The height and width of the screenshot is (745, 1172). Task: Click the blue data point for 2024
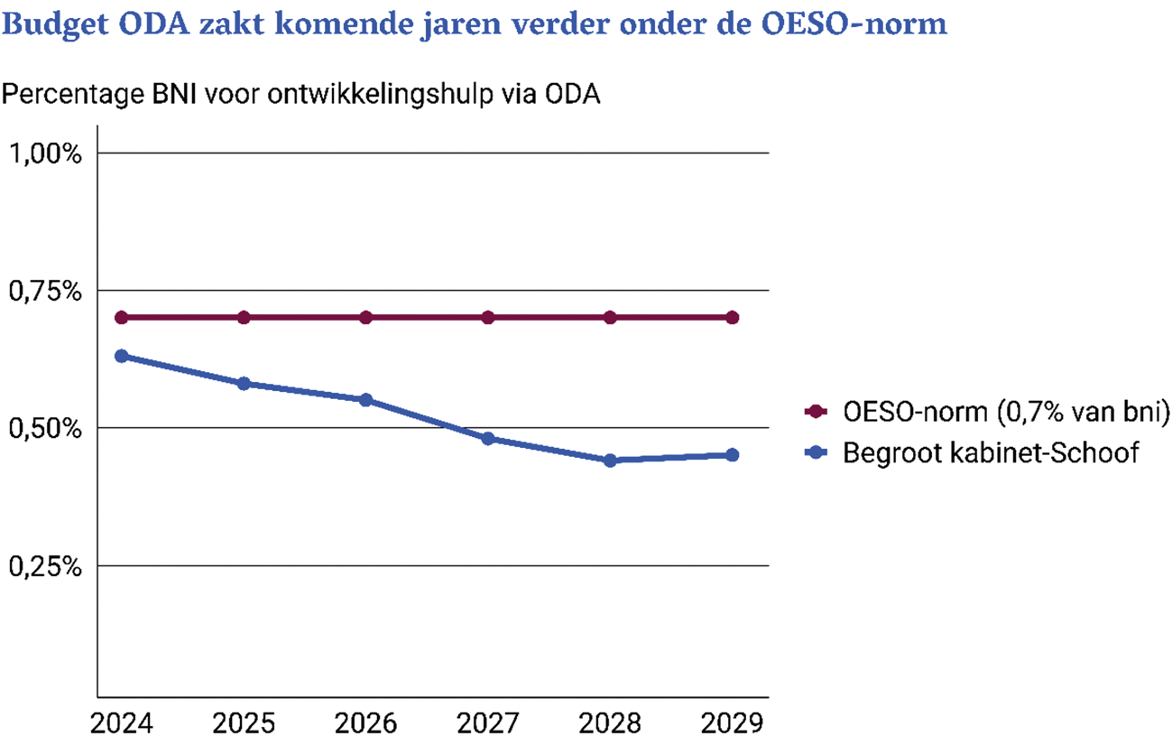point(122,356)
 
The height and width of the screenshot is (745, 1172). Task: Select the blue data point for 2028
point(610,461)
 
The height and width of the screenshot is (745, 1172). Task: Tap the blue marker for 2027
point(488,439)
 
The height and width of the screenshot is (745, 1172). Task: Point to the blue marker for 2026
point(366,400)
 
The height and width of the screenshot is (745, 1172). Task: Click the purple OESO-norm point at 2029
point(733,317)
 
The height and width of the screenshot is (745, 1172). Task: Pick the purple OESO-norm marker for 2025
point(244,317)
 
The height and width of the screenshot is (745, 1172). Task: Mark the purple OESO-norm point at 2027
point(488,317)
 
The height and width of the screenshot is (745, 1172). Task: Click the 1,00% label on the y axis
point(45,153)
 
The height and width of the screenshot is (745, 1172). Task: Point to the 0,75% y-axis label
point(45,291)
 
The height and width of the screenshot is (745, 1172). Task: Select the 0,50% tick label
point(45,428)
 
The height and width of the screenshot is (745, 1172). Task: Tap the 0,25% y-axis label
point(45,566)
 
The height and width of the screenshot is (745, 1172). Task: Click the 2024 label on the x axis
point(122,723)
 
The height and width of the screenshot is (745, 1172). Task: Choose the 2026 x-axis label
point(366,723)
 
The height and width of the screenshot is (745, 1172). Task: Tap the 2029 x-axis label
point(733,723)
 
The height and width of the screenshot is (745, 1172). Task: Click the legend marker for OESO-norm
point(817,412)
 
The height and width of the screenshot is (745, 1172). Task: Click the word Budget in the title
point(54,24)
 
